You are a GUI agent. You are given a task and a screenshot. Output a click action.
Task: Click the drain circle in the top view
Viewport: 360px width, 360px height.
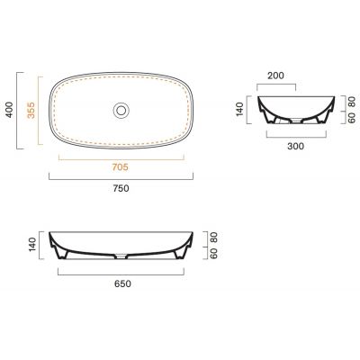point(121,110)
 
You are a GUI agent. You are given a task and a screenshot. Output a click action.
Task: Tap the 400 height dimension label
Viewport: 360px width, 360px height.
point(10,110)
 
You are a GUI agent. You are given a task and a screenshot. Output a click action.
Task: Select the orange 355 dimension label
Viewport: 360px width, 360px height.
point(31,110)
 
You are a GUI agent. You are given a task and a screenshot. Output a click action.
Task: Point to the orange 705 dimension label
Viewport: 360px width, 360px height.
point(120,166)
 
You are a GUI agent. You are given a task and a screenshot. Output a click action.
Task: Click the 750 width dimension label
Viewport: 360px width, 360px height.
point(121,188)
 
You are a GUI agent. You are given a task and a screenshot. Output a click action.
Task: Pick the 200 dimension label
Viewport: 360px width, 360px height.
point(275,76)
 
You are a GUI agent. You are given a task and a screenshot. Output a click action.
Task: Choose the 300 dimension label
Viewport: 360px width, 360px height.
point(295,147)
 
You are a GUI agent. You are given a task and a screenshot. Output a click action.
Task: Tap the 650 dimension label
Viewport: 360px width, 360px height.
point(122,283)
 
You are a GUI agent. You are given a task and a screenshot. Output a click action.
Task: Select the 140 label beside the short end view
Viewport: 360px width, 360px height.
point(240,109)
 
